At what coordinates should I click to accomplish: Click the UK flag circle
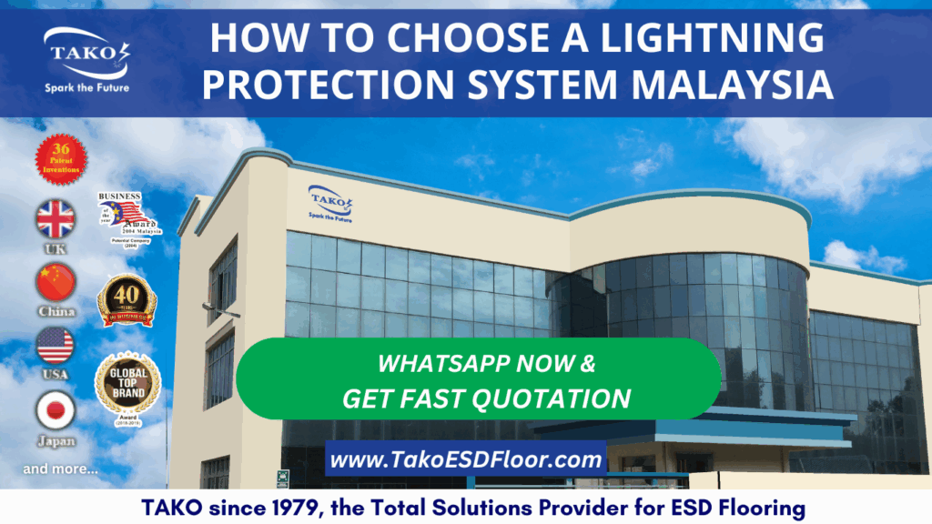click(x=56, y=219)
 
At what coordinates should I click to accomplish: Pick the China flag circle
click(x=56, y=283)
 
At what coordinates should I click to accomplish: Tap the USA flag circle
click(x=56, y=346)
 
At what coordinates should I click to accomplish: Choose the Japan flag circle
click(x=56, y=410)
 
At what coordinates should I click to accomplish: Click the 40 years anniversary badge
click(x=127, y=301)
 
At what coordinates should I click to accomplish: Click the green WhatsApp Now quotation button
click(x=479, y=380)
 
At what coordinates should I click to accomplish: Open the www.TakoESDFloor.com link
click(x=466, y=460)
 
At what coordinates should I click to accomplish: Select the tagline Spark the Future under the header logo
click(x=86, y=88)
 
